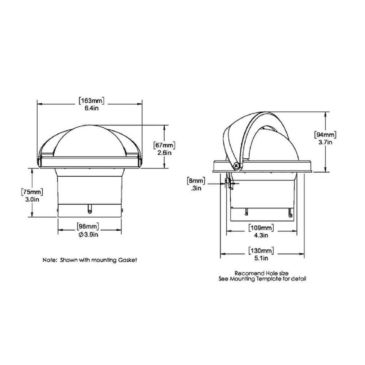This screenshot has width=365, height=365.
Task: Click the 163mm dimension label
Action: pyautogui.click(x=91, y=101)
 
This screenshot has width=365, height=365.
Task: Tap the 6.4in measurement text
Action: pyautogui.click(x=92, y=108)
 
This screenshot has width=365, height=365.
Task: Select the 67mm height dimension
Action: pyautogui.click(x=164, y=145)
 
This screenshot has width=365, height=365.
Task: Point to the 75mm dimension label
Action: pyautogui.click(x=32, y=192)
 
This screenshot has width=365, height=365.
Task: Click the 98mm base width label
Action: pyautogui.click(x=88, y=226)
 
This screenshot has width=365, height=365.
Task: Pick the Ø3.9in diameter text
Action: pyautogui.click(x=88, y=235)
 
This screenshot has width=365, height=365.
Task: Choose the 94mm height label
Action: pyautogui.click(x=325, y=135)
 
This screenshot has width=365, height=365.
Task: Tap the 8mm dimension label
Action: pyautogui.click(x=196, y=181)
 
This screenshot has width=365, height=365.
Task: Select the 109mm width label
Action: pyautogui.click(x=261, y=227)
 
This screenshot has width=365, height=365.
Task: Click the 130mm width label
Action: pyautogui.click(x=261, y=250)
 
